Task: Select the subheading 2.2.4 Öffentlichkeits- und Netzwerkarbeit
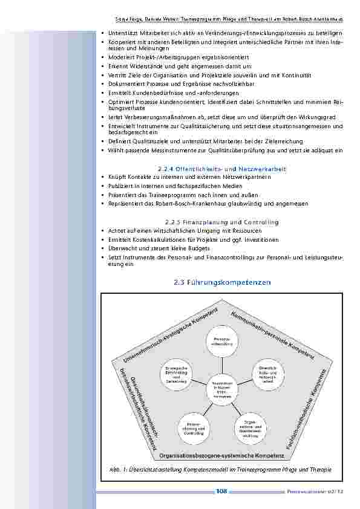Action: (221, 169)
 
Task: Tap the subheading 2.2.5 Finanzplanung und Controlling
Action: (221, 222)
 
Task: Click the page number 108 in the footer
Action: (221, 491)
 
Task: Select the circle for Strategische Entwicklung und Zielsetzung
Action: (176, 374)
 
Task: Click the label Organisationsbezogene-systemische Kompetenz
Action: (223, 453)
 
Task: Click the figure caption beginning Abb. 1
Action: (221, 470)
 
